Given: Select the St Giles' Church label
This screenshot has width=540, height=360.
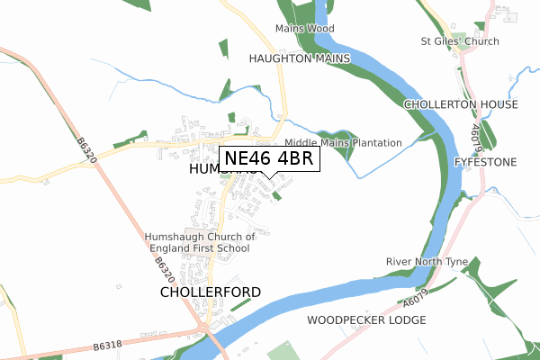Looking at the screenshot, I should (x=460, y=40).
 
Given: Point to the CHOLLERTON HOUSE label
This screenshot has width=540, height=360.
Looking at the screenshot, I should (x=461, y=104).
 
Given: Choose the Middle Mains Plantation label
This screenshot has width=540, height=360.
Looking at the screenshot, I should (x=343, y=143).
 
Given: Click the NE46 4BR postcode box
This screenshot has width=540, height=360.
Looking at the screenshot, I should (x=267, y=158).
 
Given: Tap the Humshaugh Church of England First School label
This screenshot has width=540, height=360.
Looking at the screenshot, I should (x=201, y=243).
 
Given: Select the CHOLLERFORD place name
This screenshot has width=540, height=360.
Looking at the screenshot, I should (x=211, y=292).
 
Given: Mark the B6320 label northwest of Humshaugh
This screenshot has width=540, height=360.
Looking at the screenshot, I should (x=85, y=149).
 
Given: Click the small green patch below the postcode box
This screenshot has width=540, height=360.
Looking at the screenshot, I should (x=276, y=194).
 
